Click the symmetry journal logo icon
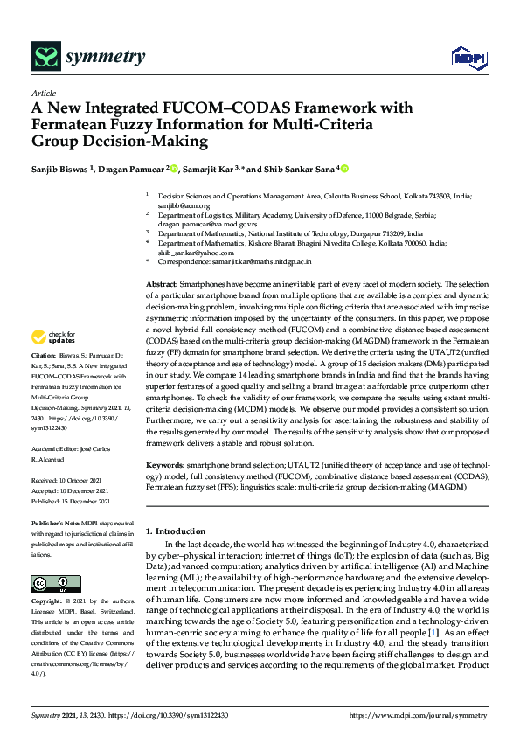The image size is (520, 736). [x=45, y=58]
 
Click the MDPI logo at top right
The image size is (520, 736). [x=467, y=58]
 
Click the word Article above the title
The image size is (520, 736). [x=44, y=94]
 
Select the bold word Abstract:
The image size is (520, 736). [x=161, y=285]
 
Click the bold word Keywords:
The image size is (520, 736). [x=164, y=464]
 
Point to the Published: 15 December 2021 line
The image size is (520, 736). [x=70, y=502]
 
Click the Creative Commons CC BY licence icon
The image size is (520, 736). [x=50, y=583]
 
